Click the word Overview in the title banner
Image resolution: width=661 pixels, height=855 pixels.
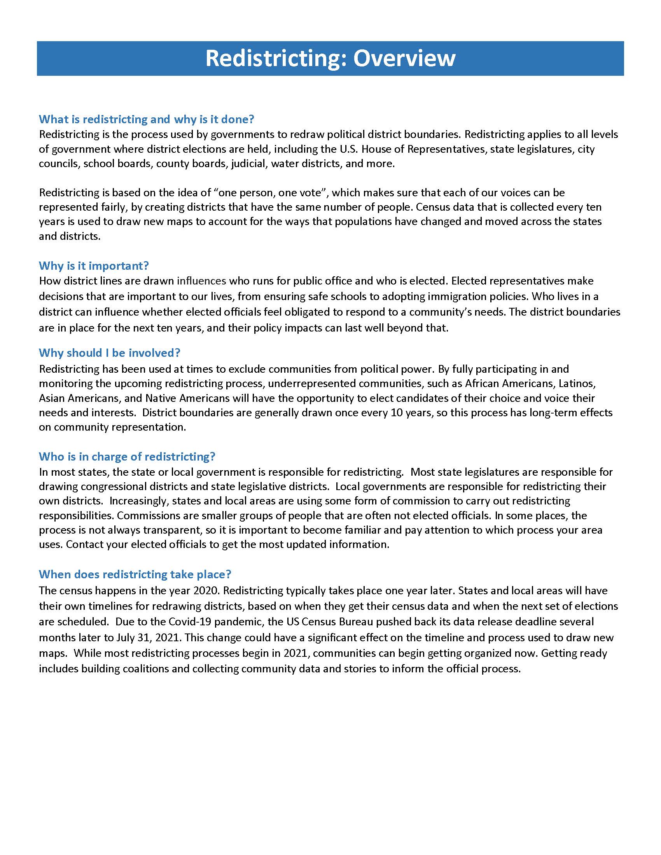pos(404,59)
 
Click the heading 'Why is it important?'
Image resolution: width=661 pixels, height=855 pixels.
pos(94,266)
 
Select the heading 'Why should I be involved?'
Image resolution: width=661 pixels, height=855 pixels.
pos(109,353)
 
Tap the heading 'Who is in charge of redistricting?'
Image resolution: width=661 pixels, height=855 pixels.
pos(127,457)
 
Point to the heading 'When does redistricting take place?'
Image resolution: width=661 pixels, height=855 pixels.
pos(135,574)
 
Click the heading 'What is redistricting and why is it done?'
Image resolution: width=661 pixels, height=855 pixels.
pos(147,119)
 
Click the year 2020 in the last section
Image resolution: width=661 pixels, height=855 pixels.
pos(205,590)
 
